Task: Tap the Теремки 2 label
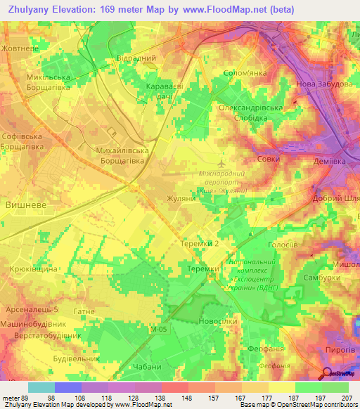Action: coord(202,242)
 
